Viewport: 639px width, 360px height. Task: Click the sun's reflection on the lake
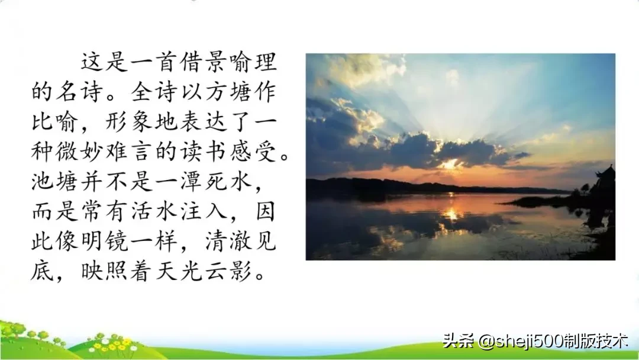point(451,213)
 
